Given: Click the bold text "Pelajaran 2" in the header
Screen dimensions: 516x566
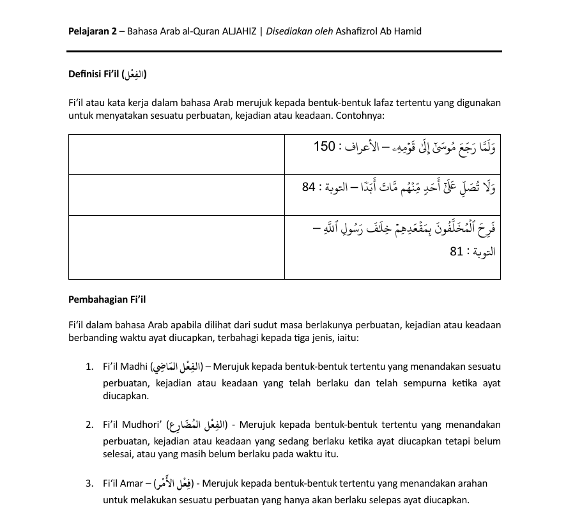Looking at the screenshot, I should tap(92, 31).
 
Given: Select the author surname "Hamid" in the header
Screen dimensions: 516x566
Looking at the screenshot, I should tap(408, 31).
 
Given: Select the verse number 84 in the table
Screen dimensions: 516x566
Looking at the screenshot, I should tap(309, 188).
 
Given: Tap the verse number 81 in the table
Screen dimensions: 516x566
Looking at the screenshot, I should tap(456, 252).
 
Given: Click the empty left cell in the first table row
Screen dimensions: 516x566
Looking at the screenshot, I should tap(176, 154).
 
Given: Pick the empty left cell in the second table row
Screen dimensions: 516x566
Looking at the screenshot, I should tap(176, 194).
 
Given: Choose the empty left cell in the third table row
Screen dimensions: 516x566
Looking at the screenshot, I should tap(176, 247).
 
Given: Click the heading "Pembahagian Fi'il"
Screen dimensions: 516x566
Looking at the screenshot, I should tap(107, 299).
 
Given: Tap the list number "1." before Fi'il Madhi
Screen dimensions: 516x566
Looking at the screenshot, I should tap(89, 367).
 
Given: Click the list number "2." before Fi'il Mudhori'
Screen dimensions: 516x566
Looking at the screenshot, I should tap(89, 425).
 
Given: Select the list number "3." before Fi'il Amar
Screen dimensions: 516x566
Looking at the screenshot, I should tap(89, 483).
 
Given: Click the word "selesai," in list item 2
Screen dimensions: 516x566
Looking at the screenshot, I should tap(119, 454).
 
